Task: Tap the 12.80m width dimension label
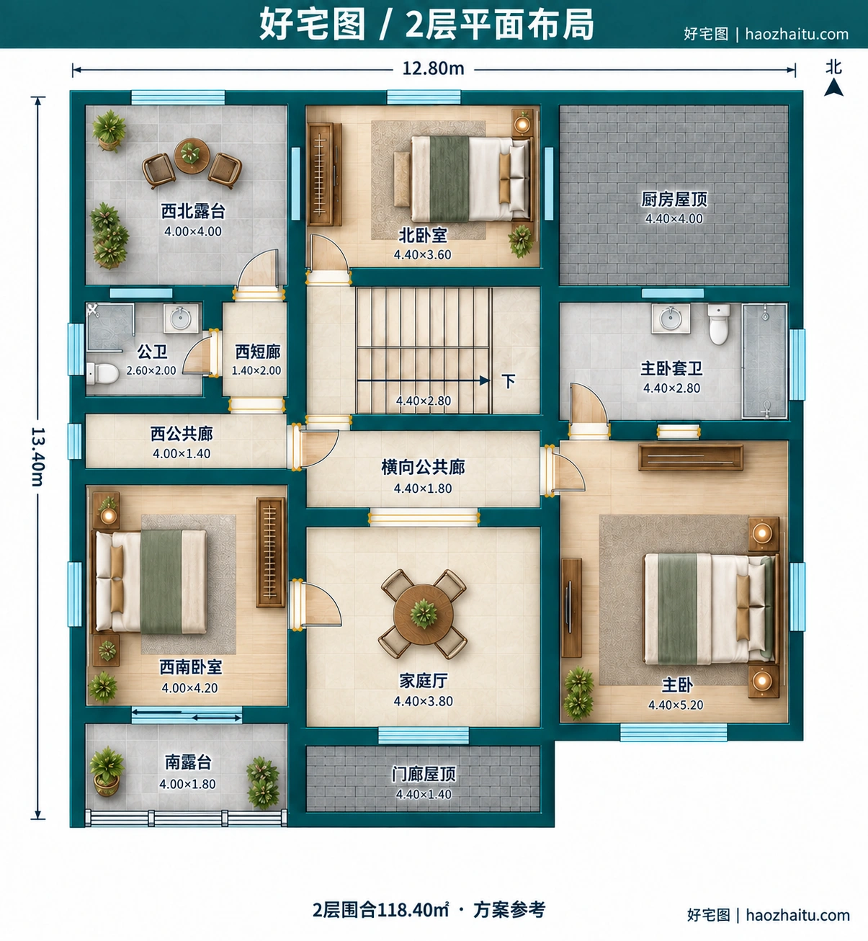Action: tap(433, 69)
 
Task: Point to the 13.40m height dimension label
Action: tap(37, 457)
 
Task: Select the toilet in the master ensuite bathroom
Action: tap(719, 324)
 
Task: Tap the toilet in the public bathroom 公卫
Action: tap(103, 374)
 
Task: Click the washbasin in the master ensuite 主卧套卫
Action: tap(671, 318)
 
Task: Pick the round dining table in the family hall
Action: tap(423, 614)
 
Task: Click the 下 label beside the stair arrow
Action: tap(509, 381)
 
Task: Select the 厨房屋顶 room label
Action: tap(674, 200)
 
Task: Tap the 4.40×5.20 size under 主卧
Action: tap(676, 705)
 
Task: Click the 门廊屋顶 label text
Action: tap(424, 775)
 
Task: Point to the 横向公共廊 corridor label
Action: tap(423, 468)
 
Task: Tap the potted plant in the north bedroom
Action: tap(521, 241)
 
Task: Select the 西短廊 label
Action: tap(258, 352)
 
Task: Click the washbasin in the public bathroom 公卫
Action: tap(181, 318)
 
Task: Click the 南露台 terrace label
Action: tap(187, 762)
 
